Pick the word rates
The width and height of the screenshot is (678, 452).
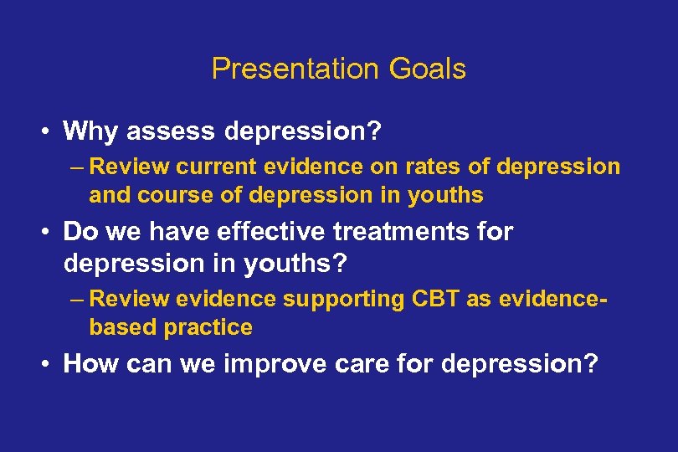(433, 167)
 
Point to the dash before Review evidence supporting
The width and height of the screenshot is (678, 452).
(78, 299)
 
